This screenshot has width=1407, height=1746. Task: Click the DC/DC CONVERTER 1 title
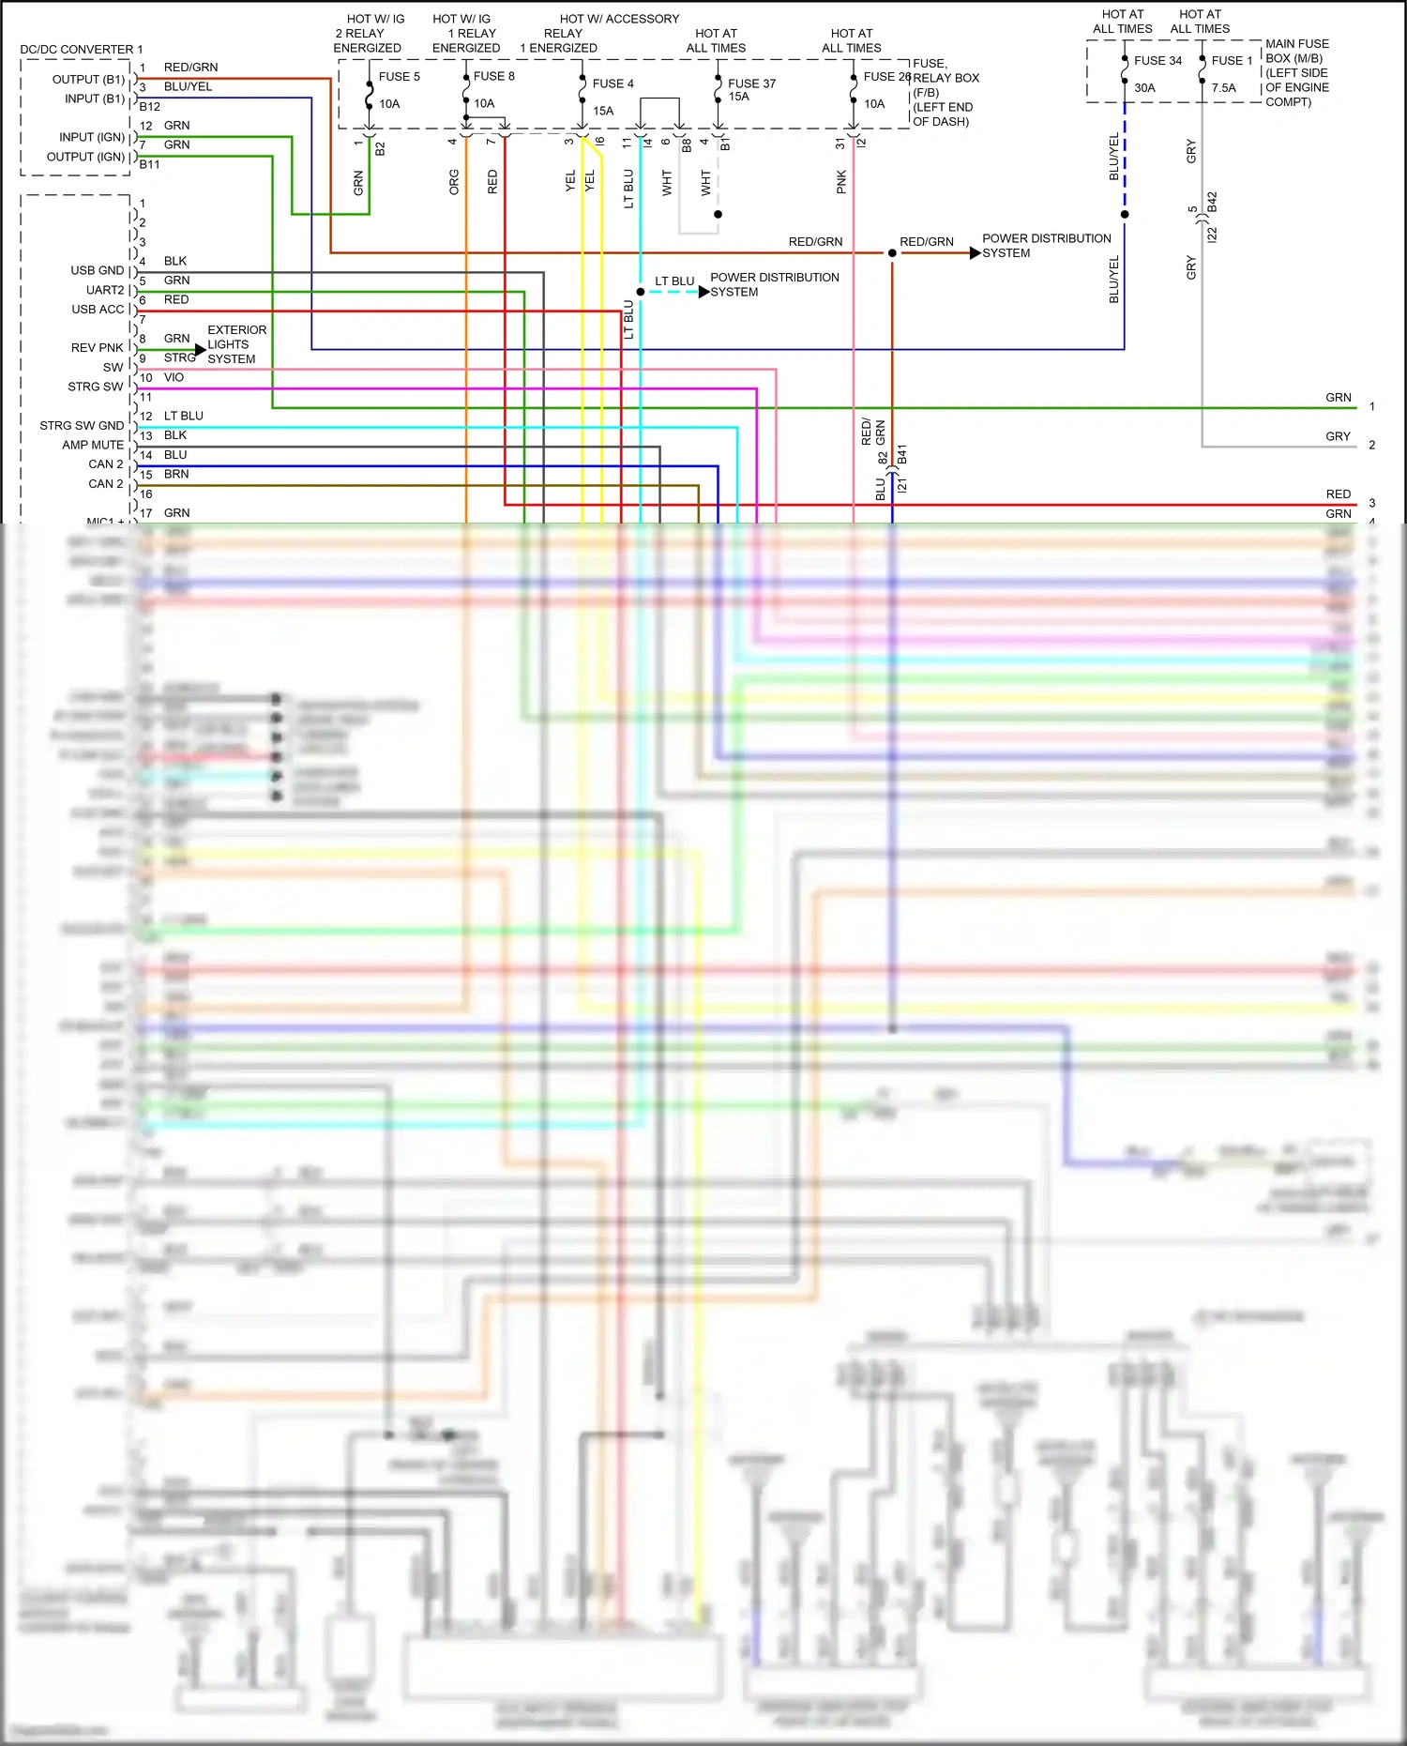(x=82, y=50)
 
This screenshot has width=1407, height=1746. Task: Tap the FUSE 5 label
(x=400, y=77)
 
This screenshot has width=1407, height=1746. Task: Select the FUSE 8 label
(x=493, y=76)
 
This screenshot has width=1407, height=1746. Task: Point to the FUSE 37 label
(x=751, y=84)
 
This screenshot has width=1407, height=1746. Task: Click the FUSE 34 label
(x=1157, y=61)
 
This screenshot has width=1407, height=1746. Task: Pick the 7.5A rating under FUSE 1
(x=1223, y=88)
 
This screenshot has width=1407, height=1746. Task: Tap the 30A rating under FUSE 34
(x=1144, y=88)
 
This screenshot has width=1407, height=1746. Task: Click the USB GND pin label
(x=97, y=270)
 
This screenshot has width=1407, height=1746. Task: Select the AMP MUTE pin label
(x=93, y=445)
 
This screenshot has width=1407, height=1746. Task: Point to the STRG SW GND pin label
(x=82, y=425)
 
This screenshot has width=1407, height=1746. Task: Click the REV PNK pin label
(x=97, y=347)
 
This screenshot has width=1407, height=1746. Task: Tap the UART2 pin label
(x=105, y=290)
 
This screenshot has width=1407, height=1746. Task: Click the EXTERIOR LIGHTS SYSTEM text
(x=236, y=344)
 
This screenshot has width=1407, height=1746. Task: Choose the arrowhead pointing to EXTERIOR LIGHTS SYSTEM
(x=200, y=350)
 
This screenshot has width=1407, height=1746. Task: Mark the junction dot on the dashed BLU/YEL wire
(x=1125, y=215)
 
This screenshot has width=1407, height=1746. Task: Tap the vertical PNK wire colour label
(x=841, y=182)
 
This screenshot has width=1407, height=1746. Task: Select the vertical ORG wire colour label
(x=454, y=182)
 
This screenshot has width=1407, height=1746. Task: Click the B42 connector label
(x=1212, y=204)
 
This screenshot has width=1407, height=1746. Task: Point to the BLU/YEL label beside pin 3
(x=188, y=86)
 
